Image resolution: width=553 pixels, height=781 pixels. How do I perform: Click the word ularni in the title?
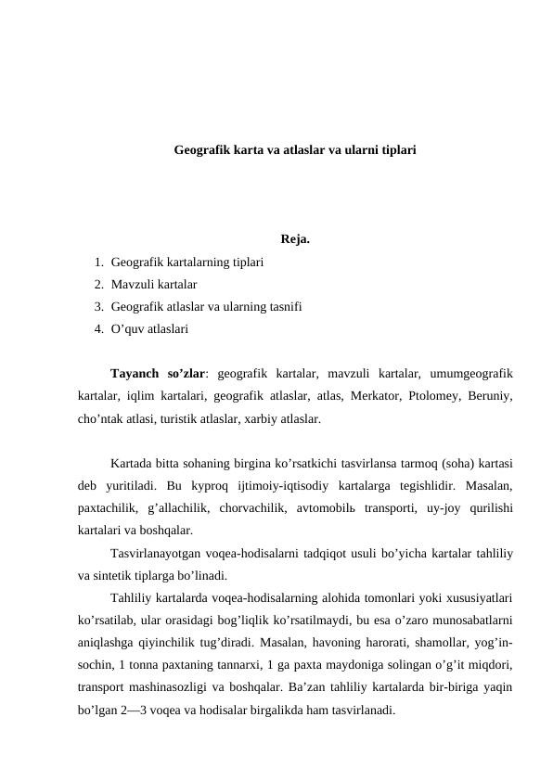(x=360, y=148)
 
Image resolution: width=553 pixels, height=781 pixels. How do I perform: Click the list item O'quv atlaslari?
(x=149, y=328)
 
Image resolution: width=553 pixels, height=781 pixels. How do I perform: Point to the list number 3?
(x=97, y=306)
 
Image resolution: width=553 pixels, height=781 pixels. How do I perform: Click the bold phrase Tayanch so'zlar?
(x=157, y=375)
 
